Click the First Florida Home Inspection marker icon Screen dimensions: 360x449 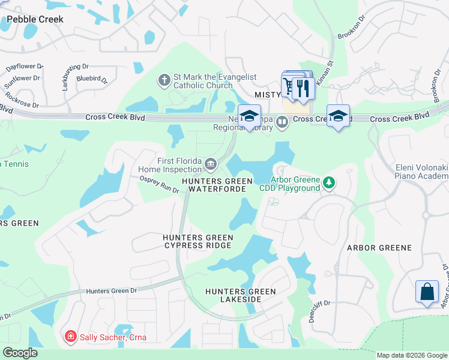[211, 163]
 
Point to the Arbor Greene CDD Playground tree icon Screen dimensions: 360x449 [328, 182]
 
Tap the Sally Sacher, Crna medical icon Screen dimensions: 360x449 [71, 337]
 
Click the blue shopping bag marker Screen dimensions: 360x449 [427, 292]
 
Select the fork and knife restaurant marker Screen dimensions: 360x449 [304, 88]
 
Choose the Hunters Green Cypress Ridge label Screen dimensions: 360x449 [197, 242]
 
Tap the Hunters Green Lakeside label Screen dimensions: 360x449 [240, 295]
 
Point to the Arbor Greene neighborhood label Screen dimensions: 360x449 [379, 248]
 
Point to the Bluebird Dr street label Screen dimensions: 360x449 [92, 79]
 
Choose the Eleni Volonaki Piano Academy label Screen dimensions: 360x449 [421, 172]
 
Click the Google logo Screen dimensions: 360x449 [20, 353]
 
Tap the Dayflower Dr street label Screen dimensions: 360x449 [25, 67]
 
